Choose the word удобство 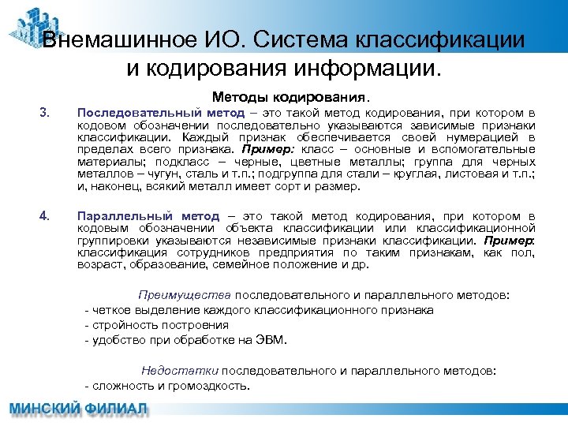(x=118, y=341)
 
